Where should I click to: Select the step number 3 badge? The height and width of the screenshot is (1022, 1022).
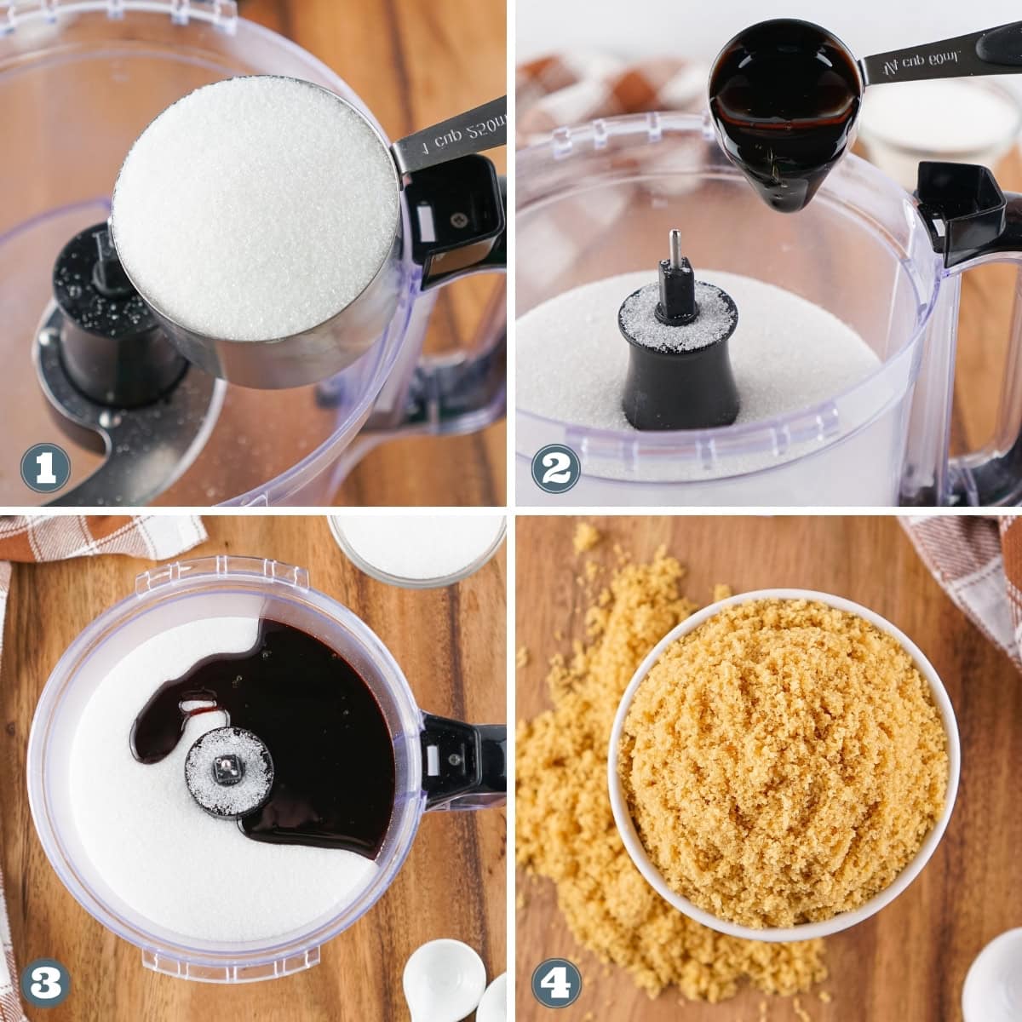45,982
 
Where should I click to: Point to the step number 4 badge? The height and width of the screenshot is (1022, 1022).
556,982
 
